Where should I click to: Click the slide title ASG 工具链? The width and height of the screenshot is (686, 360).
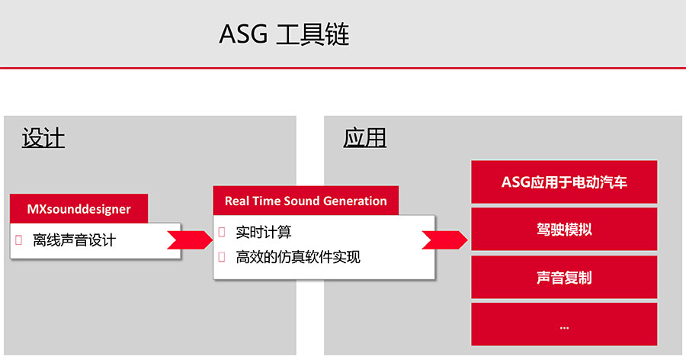point(284,34)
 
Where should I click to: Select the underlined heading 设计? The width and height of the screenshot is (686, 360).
point(43,138)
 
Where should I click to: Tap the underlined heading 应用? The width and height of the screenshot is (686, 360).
point(364,137)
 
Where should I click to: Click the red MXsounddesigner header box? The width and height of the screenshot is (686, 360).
point(79,208)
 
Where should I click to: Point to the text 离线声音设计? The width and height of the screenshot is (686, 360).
point(74,240)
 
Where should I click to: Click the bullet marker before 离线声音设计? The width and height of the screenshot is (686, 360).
point(18,240)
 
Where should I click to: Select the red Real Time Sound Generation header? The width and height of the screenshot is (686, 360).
point(306,201)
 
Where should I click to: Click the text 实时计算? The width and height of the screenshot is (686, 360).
point(264,232)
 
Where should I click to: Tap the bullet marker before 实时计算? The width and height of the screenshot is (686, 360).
point(221,232)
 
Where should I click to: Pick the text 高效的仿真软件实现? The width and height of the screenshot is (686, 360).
point(298,257)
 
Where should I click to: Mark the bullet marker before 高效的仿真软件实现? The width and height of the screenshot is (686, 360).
point(221,257)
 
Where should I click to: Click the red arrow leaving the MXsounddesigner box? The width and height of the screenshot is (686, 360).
point(190,240)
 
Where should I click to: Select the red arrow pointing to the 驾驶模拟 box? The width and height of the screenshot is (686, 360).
point(444,240)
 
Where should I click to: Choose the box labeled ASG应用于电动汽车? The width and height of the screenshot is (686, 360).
point(564,182)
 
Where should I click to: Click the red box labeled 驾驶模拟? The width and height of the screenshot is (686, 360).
point(564,229)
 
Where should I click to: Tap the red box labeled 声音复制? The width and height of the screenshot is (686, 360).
point(564,277)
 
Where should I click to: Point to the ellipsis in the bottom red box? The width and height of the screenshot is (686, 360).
point(564,327)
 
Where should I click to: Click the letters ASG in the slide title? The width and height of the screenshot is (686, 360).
point(243,34)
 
